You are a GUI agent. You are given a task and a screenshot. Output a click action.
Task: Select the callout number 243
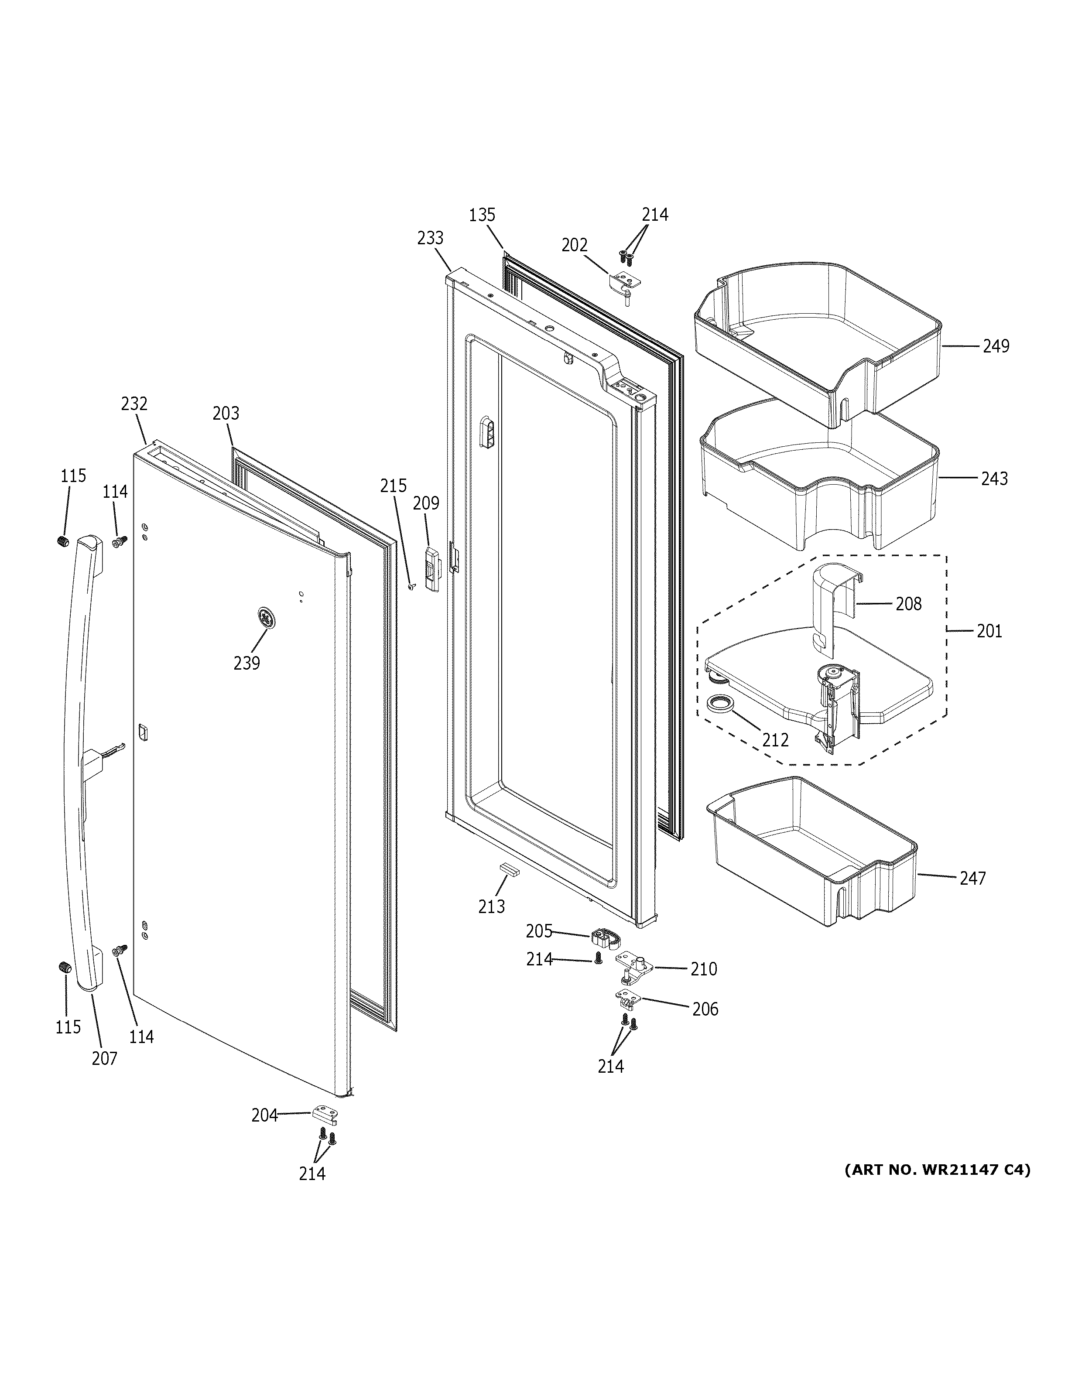(994, 479)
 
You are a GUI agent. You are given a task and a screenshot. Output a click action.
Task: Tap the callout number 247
(972, 878)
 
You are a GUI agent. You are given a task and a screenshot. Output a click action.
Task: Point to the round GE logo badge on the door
(267, 618)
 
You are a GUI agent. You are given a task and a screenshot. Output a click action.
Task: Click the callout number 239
(247, 663)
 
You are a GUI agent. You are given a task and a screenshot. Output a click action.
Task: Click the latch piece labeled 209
(432, 568)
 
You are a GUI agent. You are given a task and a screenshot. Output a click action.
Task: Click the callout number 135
(482, 215)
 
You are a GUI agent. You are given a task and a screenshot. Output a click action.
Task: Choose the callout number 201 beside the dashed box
(989, 631)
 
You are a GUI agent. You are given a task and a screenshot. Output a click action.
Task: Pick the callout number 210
(704, 969)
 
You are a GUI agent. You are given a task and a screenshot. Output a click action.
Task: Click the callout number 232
(134, 404)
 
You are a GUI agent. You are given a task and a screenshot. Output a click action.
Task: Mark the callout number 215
(393, 486)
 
